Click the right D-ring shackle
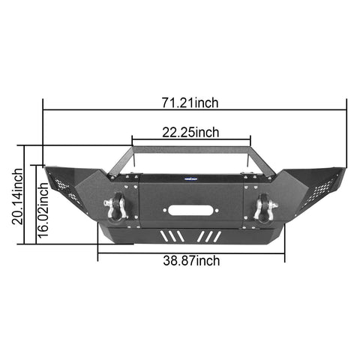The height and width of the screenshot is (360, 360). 264,208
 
